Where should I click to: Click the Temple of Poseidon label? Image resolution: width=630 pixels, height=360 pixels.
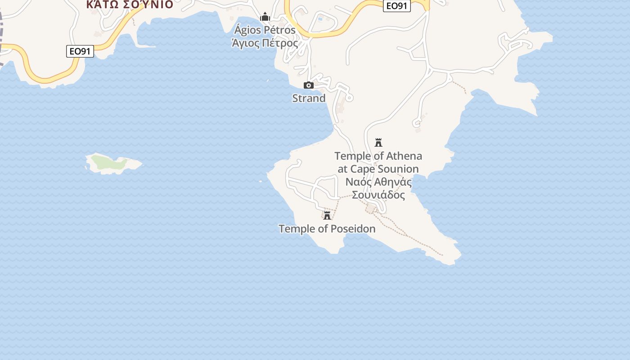click(x=327, y=229)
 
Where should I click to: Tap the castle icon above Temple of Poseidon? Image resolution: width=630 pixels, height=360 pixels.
click(x=327, y=215)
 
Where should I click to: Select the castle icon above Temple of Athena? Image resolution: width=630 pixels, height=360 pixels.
click(x=378, y=143)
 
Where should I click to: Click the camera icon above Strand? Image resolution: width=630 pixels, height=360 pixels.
click(x=309, y=85)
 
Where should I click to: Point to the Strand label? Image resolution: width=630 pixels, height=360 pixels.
click(x=309, y=98)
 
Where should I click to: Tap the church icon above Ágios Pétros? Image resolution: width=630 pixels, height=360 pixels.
click(x=265, y=17)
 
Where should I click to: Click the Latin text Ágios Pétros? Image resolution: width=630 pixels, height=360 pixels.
click(x=265, y=30)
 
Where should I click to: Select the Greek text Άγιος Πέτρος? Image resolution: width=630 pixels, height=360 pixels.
click(x=265, y=43)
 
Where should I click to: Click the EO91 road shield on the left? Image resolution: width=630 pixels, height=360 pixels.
click(x=81, y=51)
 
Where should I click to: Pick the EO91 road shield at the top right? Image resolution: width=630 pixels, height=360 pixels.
click(x=397, y=6)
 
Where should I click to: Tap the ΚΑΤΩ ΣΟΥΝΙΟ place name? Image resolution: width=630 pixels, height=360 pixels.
click(x=130, y=4)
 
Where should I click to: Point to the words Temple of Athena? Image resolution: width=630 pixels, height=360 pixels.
click(x=378, y=156)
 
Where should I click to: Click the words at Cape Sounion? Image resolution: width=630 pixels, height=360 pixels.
click(x=378, y=169)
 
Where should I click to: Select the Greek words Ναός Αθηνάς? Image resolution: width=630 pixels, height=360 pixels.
click(x=378, y=182)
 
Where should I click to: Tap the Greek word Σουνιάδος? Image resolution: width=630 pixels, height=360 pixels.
click(x=378, y=195)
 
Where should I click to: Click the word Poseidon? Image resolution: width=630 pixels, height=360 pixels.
click(x=353, y=229)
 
